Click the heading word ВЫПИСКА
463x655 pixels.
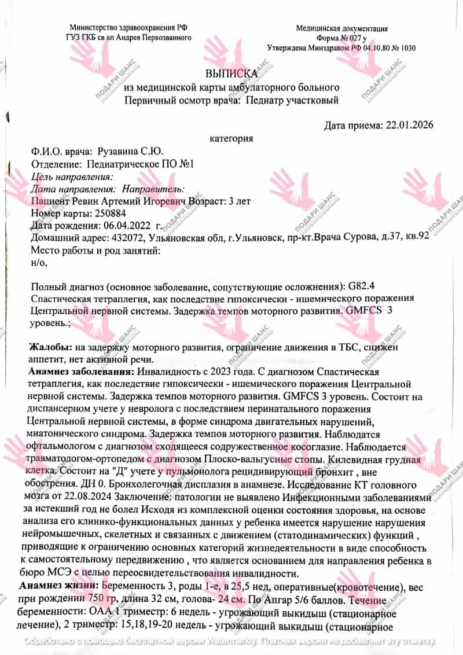point(231,74)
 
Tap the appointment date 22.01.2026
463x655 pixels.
point(407,125)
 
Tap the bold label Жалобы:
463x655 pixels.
point(50,347)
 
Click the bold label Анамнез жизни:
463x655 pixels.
point(57,586)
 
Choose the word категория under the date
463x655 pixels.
point(231,139)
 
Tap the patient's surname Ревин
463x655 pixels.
point(84,201)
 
